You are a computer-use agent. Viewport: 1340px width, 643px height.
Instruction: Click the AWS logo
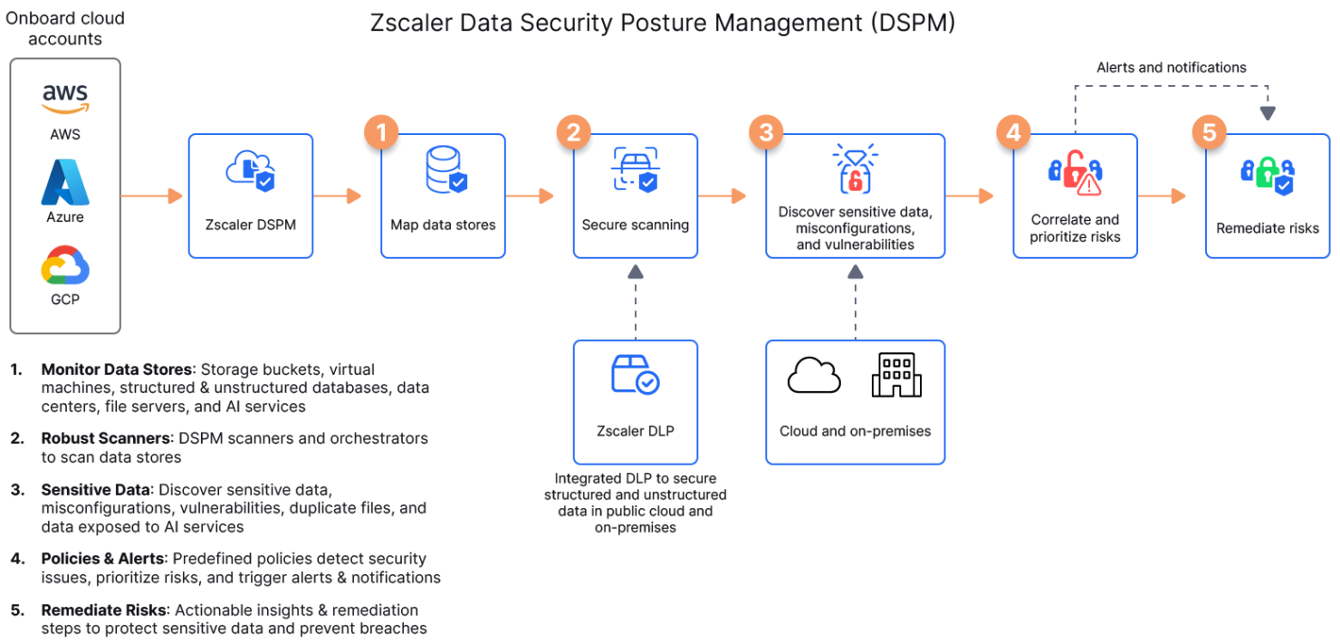65,99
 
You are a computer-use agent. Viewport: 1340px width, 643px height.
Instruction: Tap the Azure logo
65,183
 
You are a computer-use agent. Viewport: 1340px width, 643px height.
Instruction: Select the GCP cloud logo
65,267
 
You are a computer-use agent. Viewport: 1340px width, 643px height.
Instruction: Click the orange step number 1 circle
381,133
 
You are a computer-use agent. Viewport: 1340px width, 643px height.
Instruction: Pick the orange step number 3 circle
766,133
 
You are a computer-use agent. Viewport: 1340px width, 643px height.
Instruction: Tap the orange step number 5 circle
1209,133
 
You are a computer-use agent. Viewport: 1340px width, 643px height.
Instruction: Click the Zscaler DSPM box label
250,225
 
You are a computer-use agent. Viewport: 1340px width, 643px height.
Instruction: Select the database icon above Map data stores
445,170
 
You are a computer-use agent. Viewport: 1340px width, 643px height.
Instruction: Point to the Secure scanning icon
635,169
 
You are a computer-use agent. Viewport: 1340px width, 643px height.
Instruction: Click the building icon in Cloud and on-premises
896,375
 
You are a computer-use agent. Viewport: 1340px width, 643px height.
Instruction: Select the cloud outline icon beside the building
814,376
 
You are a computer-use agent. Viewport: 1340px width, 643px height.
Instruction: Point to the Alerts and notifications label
1171,68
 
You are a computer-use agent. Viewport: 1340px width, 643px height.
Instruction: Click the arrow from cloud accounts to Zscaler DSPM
154,196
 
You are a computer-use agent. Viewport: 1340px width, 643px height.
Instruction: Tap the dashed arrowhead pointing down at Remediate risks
1268,113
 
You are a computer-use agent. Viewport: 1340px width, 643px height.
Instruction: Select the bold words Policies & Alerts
103,559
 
